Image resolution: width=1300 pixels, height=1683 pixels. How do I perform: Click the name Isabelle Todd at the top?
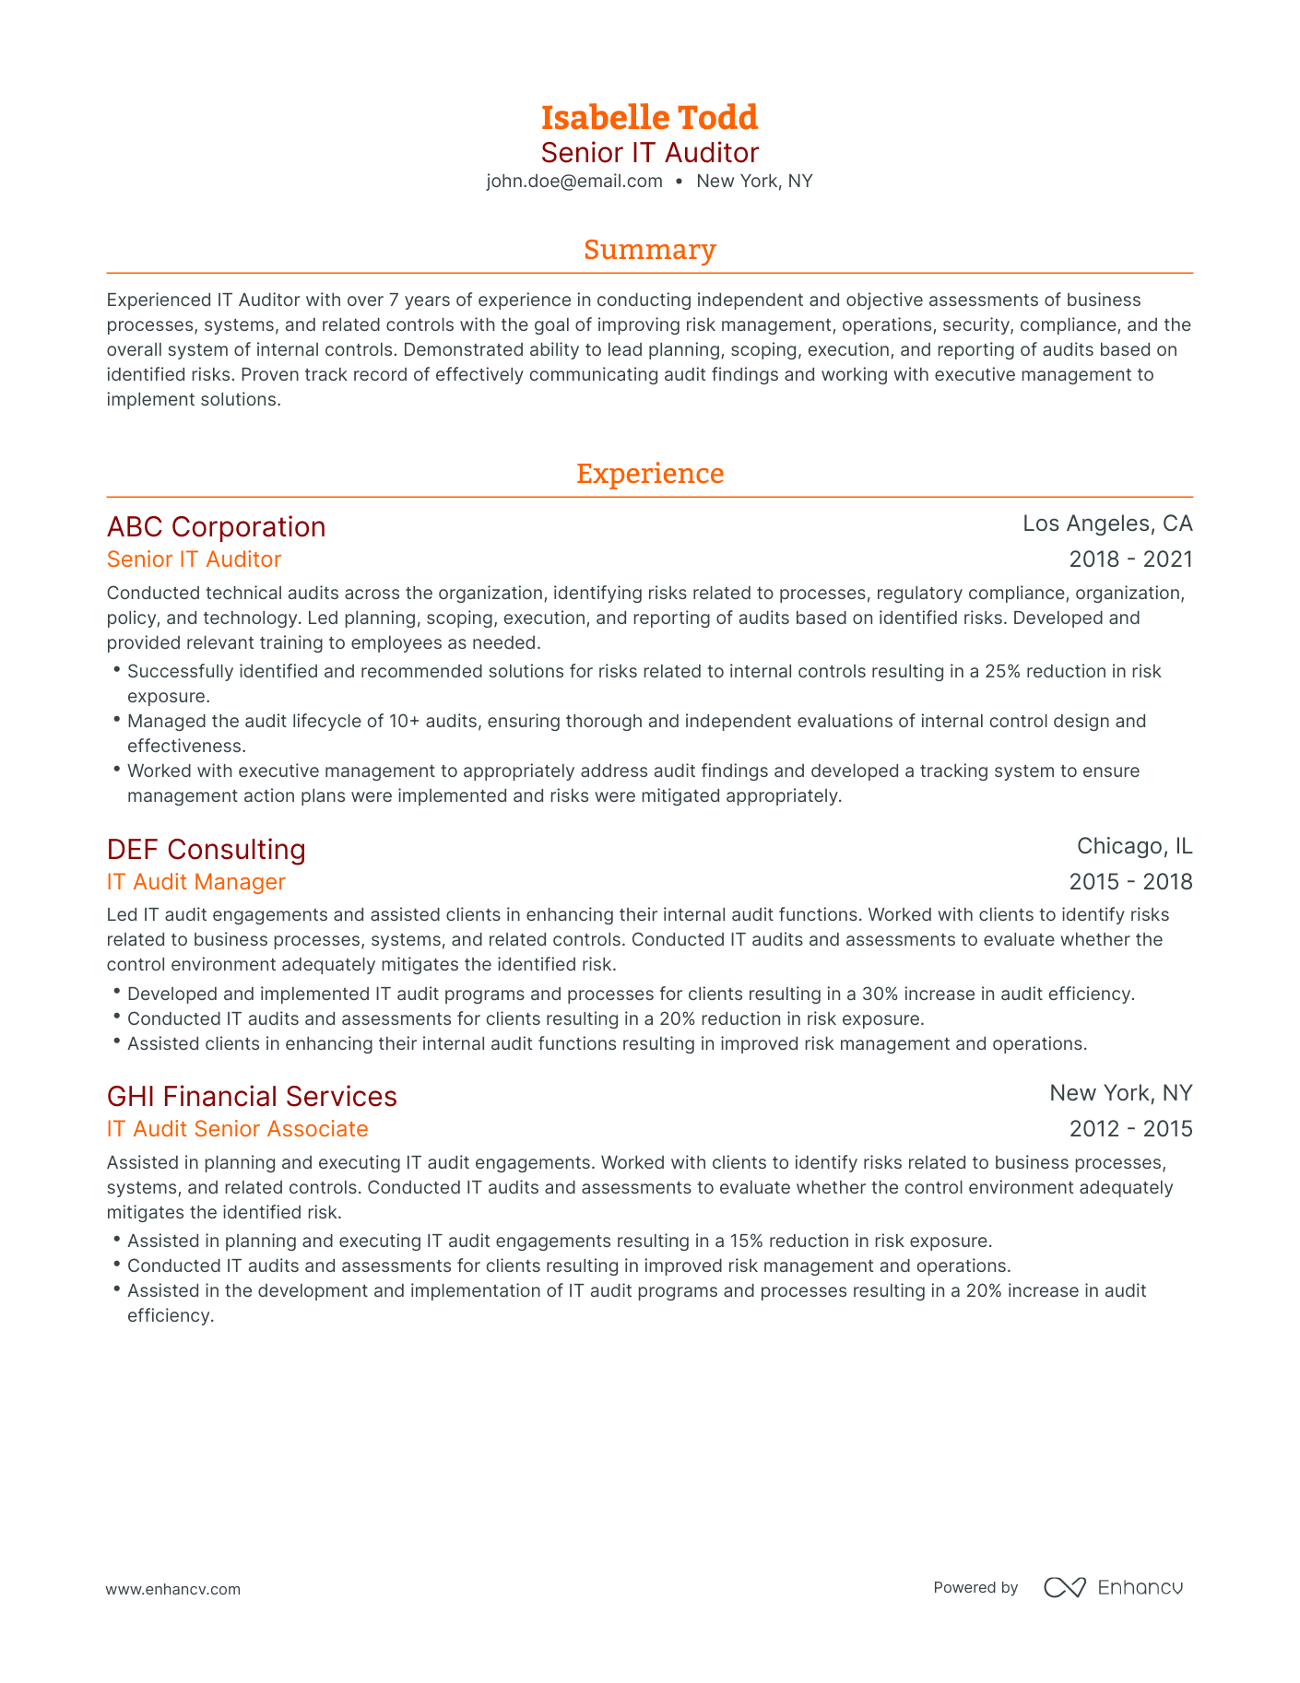(649, 117)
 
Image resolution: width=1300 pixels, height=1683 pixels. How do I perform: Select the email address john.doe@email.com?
(574, 181)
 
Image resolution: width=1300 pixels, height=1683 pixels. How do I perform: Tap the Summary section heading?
(649, 250)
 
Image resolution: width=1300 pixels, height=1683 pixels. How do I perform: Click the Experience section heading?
(649, 474)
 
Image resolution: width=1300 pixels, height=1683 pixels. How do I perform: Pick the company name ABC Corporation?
(216, 526)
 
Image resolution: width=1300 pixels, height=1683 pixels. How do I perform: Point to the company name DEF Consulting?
(206, 849)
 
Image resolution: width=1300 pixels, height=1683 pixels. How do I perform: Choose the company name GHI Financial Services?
(252, 1096)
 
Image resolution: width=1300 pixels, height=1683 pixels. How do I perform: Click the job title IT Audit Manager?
(195, 882)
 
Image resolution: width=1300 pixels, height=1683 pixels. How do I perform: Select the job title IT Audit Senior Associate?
(237, 1129)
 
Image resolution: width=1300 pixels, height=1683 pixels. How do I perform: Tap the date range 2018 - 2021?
(1130, 559)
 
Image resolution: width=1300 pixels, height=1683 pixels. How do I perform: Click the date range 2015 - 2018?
(1130, 882)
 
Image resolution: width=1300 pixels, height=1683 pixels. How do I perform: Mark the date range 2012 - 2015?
(1130, 1129)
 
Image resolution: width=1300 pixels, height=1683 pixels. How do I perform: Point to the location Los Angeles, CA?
(1107, 524)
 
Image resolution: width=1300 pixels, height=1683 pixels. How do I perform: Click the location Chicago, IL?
(1134, 846)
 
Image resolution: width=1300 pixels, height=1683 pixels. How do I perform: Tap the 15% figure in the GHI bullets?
(749, 1241)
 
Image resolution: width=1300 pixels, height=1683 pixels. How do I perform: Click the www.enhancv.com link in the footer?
(173, 1589)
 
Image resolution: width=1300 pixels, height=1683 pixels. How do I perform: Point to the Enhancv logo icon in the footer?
(1065, 1587)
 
